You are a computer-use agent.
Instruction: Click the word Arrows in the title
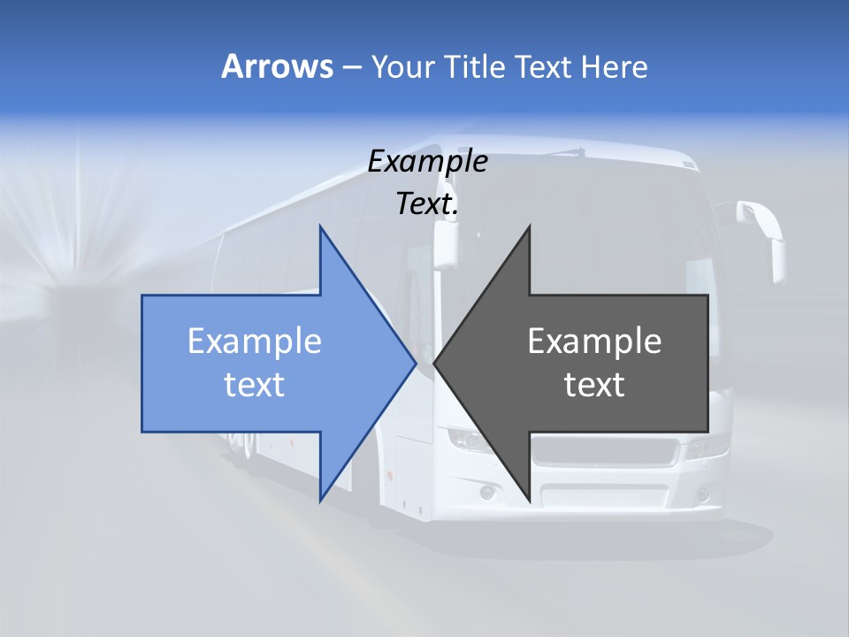[276, 66]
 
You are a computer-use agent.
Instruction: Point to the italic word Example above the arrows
[428, 161]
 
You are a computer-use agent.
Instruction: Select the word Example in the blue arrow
[255, 341]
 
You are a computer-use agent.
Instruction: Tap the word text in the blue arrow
[255, 384]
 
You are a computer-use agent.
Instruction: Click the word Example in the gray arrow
[594, 341]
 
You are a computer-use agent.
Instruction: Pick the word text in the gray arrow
[594, 384]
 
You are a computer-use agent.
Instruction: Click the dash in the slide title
[351, 67]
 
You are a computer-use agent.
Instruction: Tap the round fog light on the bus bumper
[487, 492]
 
